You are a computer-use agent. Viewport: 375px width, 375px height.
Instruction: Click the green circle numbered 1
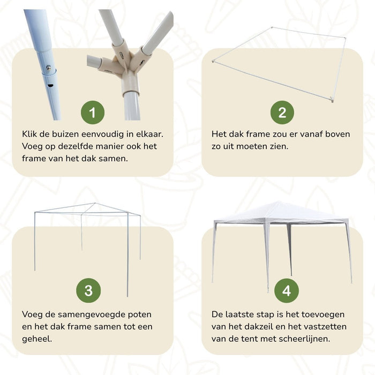[x=93, y=112]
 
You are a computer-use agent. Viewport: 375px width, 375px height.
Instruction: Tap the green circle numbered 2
[x=282, y=112]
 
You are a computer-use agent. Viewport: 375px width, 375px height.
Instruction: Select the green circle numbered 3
[x=88, y=290]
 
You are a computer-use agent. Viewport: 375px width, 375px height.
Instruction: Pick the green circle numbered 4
[x=287, y=290]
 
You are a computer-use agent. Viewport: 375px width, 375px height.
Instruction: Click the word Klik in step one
[x=31, y=134]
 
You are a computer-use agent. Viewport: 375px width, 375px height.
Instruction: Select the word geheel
[x=37, y=339]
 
